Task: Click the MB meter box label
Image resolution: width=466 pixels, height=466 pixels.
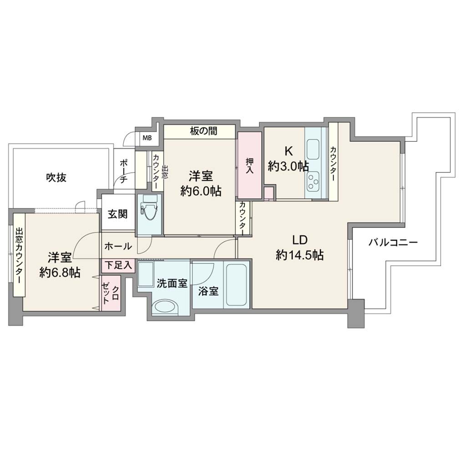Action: point(147,138)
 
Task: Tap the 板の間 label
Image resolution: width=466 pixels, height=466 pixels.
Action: point(203,131)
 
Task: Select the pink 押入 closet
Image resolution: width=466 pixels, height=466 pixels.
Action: point(249,165)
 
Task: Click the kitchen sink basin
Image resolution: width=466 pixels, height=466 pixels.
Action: point(313,149)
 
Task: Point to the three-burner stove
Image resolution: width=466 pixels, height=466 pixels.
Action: point(313,181)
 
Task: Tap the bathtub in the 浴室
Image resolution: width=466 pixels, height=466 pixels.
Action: point(236,285)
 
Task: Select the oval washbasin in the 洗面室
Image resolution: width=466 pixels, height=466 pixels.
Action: point(164,306)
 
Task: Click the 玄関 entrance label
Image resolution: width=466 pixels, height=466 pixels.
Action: point(118,214)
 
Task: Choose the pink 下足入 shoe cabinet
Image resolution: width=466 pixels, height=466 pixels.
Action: point(119,265)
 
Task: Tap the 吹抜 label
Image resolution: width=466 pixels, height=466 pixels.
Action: point(56,177)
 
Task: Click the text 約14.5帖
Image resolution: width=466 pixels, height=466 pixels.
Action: point(299,255)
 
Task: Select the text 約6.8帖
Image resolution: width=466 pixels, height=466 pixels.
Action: point(60,272)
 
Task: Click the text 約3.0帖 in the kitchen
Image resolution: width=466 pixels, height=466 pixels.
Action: point(288,166)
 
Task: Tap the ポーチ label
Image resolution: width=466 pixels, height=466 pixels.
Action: point(124,171)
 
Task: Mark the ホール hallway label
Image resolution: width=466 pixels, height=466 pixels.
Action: point(118,246)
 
